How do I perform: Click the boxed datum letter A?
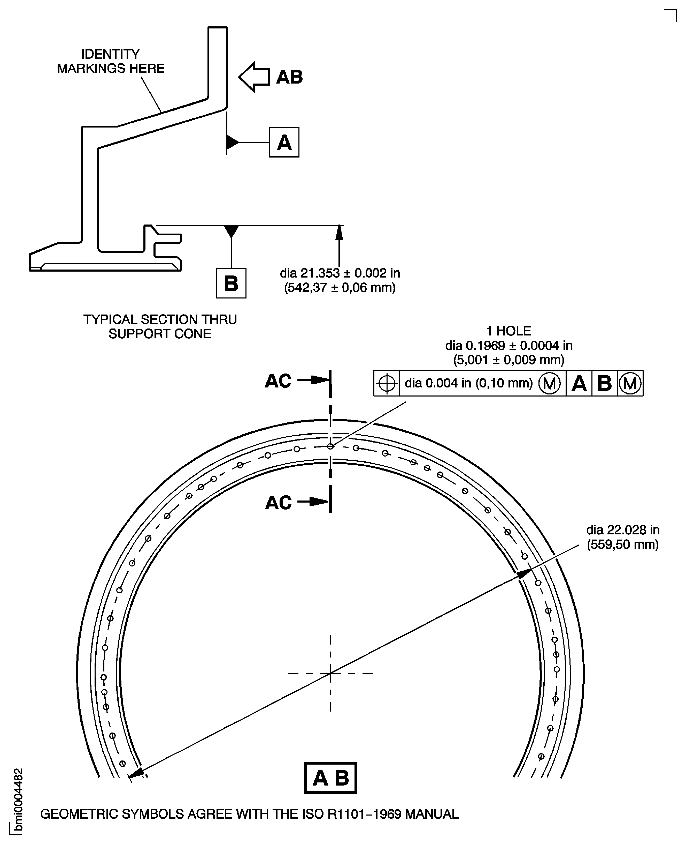(x=284, y=142)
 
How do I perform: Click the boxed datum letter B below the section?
(x=231, y=283)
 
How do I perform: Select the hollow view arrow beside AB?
(x=254, y=77)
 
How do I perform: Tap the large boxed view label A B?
(x=331, y=778)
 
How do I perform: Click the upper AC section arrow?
(x=313, y=380)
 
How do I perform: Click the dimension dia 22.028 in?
(x=623, y=530)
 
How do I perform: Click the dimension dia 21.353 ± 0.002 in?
(x=340, y=273)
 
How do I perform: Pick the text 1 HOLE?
(x=508, y=331)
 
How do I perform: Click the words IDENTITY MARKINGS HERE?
(x=111, y=61)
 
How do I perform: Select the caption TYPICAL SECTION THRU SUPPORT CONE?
(x=160, y=326)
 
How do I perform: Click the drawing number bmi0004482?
(x=18, y=801)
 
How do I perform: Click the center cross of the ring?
(x=330, y=673)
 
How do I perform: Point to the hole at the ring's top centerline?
(x=330, y=446)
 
